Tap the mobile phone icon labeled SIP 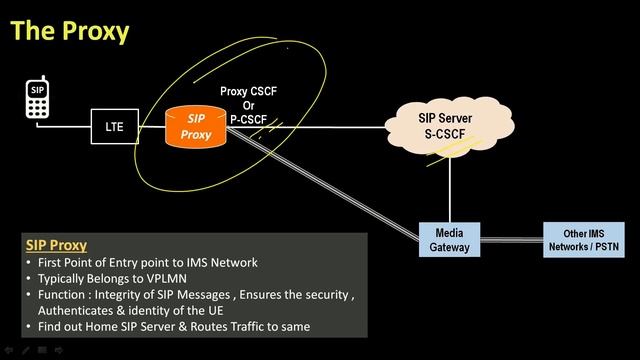38,100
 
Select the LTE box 114,127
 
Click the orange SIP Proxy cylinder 197,126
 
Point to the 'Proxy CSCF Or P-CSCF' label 248,104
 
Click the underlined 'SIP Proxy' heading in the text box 56,245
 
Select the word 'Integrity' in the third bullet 123,295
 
